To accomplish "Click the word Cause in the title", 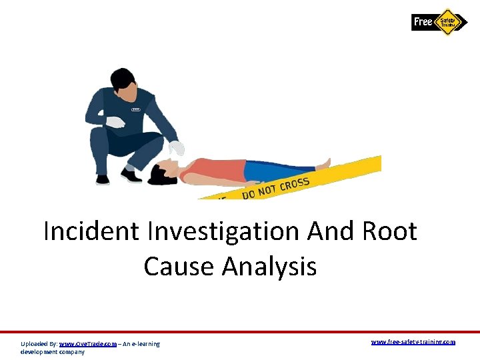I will click(x=179, y=266).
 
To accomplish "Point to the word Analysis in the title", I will click(x=269, y=267).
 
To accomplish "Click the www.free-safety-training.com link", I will click(x=413, y=341).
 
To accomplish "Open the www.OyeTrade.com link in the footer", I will click(x=88, y=344).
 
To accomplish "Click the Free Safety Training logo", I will click(x=440, y=21).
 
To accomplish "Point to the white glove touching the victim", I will click(x=177, y=148).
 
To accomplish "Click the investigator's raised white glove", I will click(x=115, y=122).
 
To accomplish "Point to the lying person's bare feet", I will click(x=323, y=163).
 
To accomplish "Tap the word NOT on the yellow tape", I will click(x=267, y=189).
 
